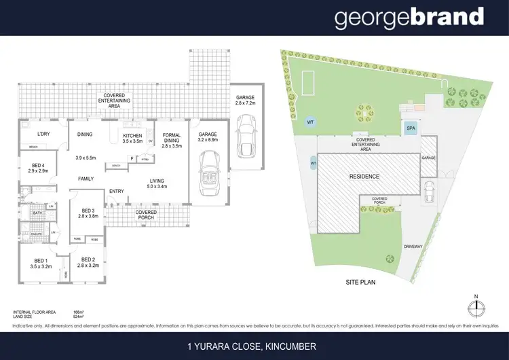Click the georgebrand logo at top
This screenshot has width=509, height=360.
(409, 18)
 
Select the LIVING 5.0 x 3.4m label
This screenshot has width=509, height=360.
(158, 183)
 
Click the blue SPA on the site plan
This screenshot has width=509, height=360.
(410, 128)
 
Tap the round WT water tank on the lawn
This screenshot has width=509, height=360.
(310, 122)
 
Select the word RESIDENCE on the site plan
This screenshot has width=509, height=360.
(364, 177)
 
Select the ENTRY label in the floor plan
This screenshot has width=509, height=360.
(117, 191)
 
